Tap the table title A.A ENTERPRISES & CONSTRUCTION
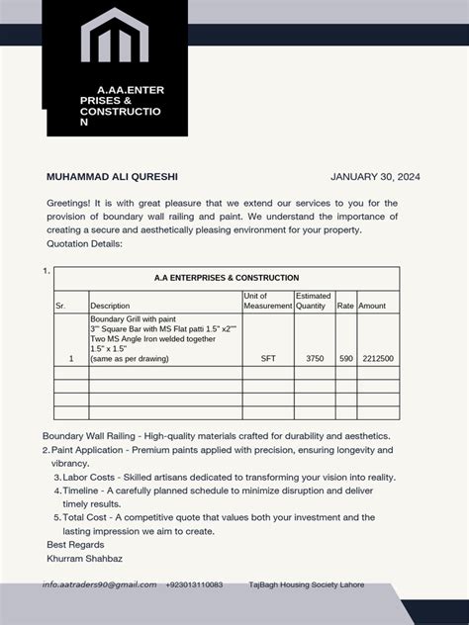[227, 278]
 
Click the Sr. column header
[60, 306]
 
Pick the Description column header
[110, 306]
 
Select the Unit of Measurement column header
[267, 301]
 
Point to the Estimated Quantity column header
[314, 301]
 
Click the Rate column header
[345, 306]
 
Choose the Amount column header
[372, 306]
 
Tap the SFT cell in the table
[267, 359]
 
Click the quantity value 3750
[315, 359]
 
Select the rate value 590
[345, 359]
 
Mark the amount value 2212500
[377, 359]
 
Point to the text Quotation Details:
[84, 243]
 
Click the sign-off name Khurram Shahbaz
[85, 559]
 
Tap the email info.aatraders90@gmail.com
[99, 584]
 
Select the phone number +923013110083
[194, 584]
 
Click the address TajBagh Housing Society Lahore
[306, 584]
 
